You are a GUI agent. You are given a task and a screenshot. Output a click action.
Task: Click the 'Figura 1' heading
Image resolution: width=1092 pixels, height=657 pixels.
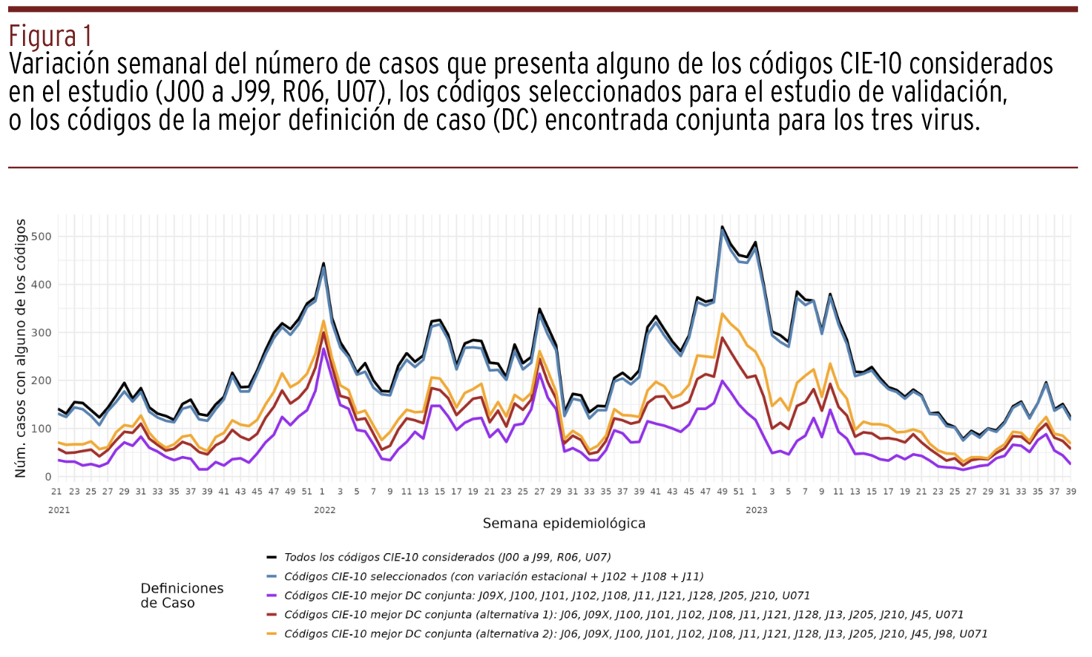(x=50, y=36)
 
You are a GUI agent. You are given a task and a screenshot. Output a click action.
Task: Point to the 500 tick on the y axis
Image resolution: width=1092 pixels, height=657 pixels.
(x=42, y=237)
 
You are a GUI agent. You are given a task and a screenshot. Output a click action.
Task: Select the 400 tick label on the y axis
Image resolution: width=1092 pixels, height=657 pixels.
(x=42, y=285)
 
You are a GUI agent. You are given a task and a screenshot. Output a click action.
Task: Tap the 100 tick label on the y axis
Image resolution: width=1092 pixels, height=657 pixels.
(x=42, y=429)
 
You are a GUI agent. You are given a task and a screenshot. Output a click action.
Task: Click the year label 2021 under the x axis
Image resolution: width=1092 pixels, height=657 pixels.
(x=59, y=510)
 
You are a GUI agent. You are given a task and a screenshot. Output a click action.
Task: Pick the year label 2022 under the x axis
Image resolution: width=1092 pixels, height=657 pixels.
(x=325, y=510)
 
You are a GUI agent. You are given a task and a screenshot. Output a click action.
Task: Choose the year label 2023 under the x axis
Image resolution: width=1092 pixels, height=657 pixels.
(x=757, y=510)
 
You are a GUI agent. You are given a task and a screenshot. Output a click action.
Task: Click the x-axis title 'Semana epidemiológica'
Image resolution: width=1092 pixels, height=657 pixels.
(x=564, y=524)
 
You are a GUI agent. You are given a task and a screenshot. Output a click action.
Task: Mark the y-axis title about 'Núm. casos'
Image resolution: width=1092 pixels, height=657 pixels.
(x=21, y=349)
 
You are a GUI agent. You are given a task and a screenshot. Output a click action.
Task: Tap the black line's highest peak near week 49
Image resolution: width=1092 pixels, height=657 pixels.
(x=722, y=227)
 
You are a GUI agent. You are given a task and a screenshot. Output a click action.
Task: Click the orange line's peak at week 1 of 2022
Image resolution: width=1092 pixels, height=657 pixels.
(x=323, y=321)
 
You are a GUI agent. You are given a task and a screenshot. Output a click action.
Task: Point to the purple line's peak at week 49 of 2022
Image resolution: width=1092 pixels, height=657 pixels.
(x=722, y=381)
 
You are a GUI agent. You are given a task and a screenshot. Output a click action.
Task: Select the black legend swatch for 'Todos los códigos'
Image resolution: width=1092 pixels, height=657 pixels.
(x=272, y=557)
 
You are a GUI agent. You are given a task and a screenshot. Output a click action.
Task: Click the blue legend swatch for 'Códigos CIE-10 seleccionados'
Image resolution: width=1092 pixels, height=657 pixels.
(x=272, y=576)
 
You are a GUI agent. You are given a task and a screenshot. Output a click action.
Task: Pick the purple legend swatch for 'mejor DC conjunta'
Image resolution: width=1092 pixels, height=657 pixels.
(x=272, y=595)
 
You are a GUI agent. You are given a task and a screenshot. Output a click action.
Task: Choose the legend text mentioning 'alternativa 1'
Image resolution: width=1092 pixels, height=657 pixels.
(x=623, y=615)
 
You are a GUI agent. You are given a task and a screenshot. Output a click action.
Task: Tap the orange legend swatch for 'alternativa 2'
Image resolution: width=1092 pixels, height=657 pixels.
(x=272, y=634)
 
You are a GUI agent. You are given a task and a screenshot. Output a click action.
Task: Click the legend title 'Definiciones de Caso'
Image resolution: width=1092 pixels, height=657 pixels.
(x=182, y=595)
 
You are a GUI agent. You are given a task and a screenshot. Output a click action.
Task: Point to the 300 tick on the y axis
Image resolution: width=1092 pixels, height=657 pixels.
(x=42, y=333)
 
